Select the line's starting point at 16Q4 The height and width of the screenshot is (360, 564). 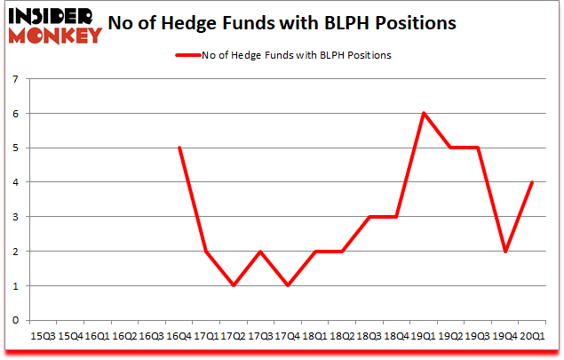(x=180, y=148)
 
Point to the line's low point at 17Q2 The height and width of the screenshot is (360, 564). (x=234, y=285)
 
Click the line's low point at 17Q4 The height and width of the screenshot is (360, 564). (x=289, y=285)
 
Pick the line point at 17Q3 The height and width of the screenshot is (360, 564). (x=261, y=252)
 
